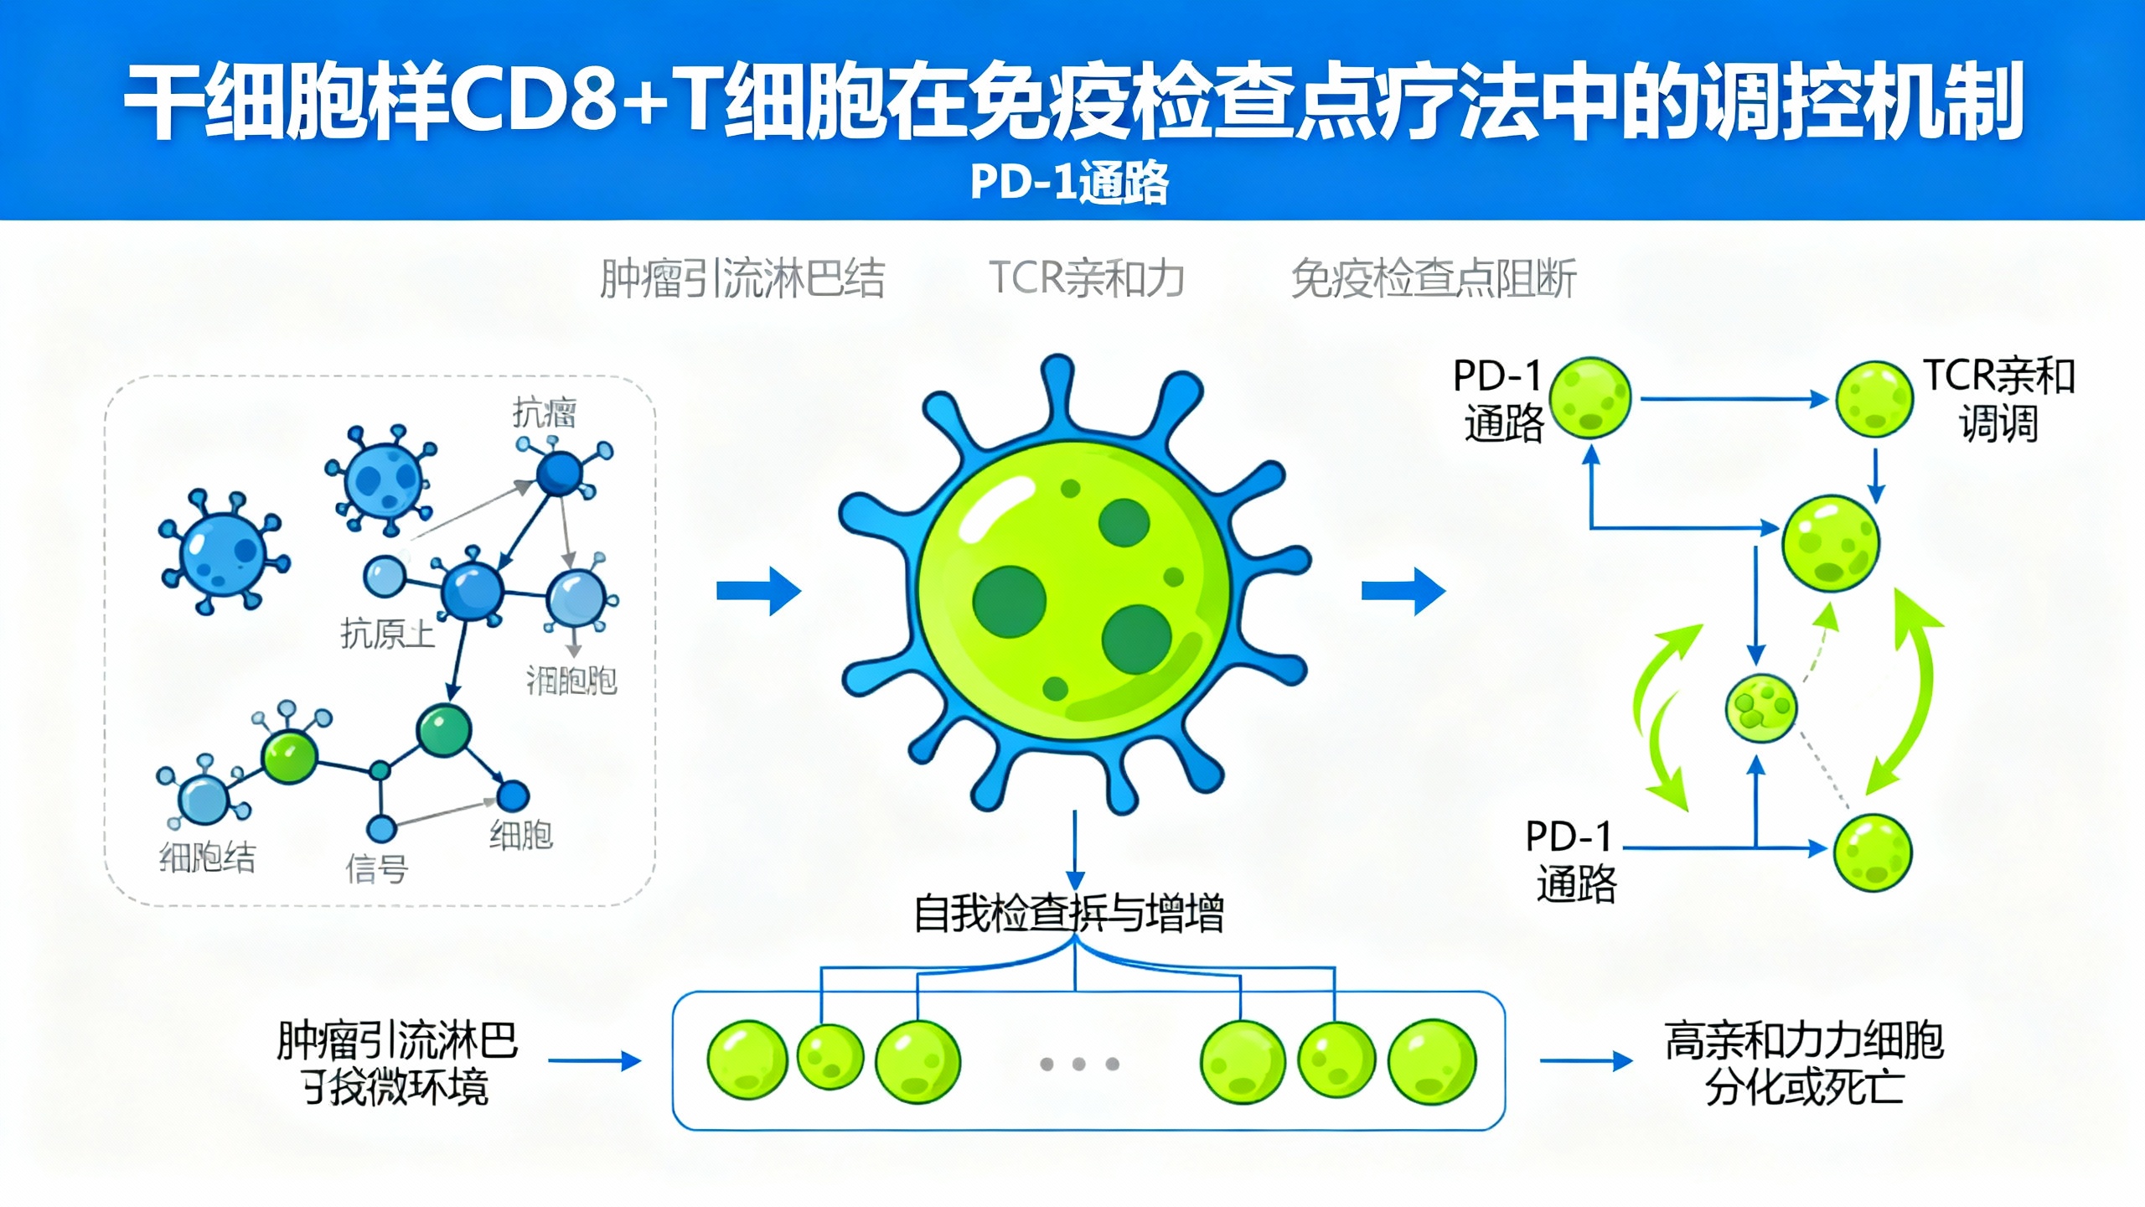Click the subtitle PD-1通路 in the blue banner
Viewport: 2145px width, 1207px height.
tap(1069, 182)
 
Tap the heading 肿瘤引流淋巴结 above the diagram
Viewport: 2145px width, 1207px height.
tap(742, 279)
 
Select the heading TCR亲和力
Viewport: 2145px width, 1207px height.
tap(1086, 278)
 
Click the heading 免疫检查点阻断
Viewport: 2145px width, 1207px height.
tap(1434, 279)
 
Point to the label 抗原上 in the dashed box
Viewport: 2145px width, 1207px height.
tap(387, 634)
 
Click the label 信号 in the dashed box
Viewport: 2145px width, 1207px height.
tap(376, 868)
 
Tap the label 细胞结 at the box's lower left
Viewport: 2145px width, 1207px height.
tap(207, 857)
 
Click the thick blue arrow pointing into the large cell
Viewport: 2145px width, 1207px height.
tap(758, 592)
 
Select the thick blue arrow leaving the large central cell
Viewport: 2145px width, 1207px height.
tap(1403, 592)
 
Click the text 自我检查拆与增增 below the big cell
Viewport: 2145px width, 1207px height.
tap(1068, 913)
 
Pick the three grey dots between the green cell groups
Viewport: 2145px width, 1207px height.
tap(1078, 1064)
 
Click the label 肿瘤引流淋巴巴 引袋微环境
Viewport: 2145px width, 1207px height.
tap(396, 1064)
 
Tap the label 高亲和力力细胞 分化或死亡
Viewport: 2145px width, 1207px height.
tap(1803, 1064)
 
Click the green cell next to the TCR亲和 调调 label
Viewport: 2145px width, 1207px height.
tap(1874, 400)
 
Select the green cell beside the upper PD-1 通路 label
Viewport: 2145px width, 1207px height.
tap(1589, 398)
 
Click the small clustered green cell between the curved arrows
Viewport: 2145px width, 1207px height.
tap(1760, 708)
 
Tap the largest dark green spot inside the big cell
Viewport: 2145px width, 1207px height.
tap(1009, 602)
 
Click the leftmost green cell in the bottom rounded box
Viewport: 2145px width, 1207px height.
tap(747, 1059)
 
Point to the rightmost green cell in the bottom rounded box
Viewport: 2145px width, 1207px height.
tap(1432, 1061)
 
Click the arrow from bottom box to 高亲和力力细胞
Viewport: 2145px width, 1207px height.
tap(1585, 1061)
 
